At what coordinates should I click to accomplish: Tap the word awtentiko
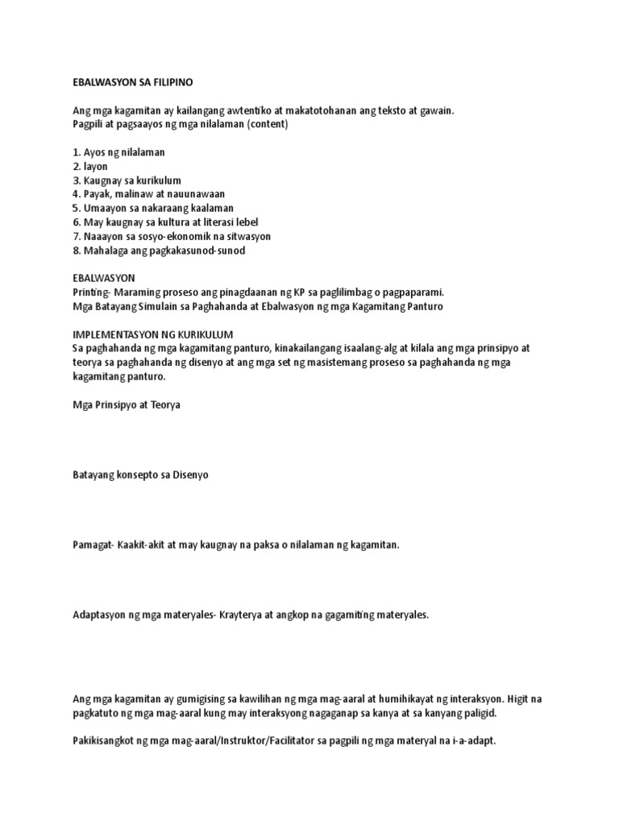point(264,111)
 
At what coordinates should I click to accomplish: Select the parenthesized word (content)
point(269,125)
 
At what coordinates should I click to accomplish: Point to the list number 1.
point(76,152)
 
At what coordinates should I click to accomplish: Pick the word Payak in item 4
point(98,194)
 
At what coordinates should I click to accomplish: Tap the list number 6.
point(76,222)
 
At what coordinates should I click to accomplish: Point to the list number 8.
point(76,251)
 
